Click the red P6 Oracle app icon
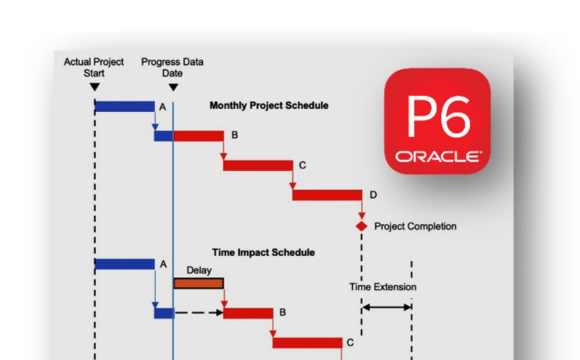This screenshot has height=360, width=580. [437, 121]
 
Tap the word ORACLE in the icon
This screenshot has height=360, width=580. [437, 156]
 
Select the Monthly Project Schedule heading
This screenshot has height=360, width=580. [269, 105]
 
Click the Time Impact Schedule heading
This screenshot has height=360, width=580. [263, 252]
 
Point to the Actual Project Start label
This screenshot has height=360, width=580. [94, 68]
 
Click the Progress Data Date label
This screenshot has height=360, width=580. [172, 68]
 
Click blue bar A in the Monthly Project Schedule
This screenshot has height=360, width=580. [124, 106]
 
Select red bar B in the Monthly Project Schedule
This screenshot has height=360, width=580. [198, 136]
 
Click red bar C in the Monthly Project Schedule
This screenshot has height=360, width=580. [258, 165]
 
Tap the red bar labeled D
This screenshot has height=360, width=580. [327, 194]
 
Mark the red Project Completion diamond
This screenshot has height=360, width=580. [361, 226]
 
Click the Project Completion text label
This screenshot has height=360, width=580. [415, 226]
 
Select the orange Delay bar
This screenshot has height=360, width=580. [198, 283]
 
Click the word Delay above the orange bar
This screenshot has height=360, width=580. [199, 270]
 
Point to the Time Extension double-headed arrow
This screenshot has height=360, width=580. [386, 308]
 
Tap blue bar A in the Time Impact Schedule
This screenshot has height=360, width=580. [124, 264]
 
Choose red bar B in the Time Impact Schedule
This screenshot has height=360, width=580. [247, 313]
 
